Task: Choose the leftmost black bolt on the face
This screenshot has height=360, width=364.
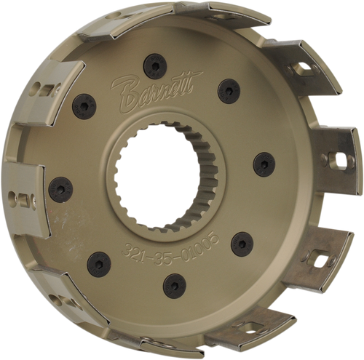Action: coord(60,191)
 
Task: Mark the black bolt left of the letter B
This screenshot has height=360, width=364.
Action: coord(86,107)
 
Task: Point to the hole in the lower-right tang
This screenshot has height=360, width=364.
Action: coord(317,257)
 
